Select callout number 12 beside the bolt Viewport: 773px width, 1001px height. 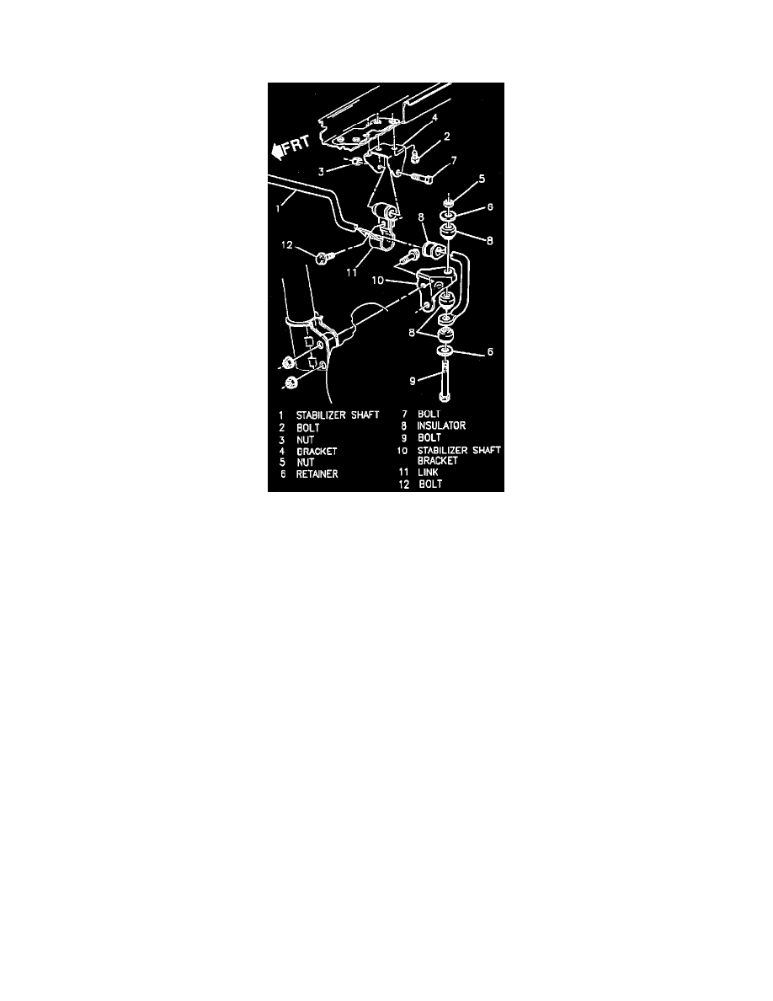click(289, 245)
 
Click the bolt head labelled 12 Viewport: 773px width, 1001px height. click(323, 254)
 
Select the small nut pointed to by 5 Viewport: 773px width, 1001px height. click(450, 200)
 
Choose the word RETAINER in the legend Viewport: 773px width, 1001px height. click(317, 474)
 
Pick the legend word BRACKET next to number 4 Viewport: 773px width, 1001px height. click(317, 451)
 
